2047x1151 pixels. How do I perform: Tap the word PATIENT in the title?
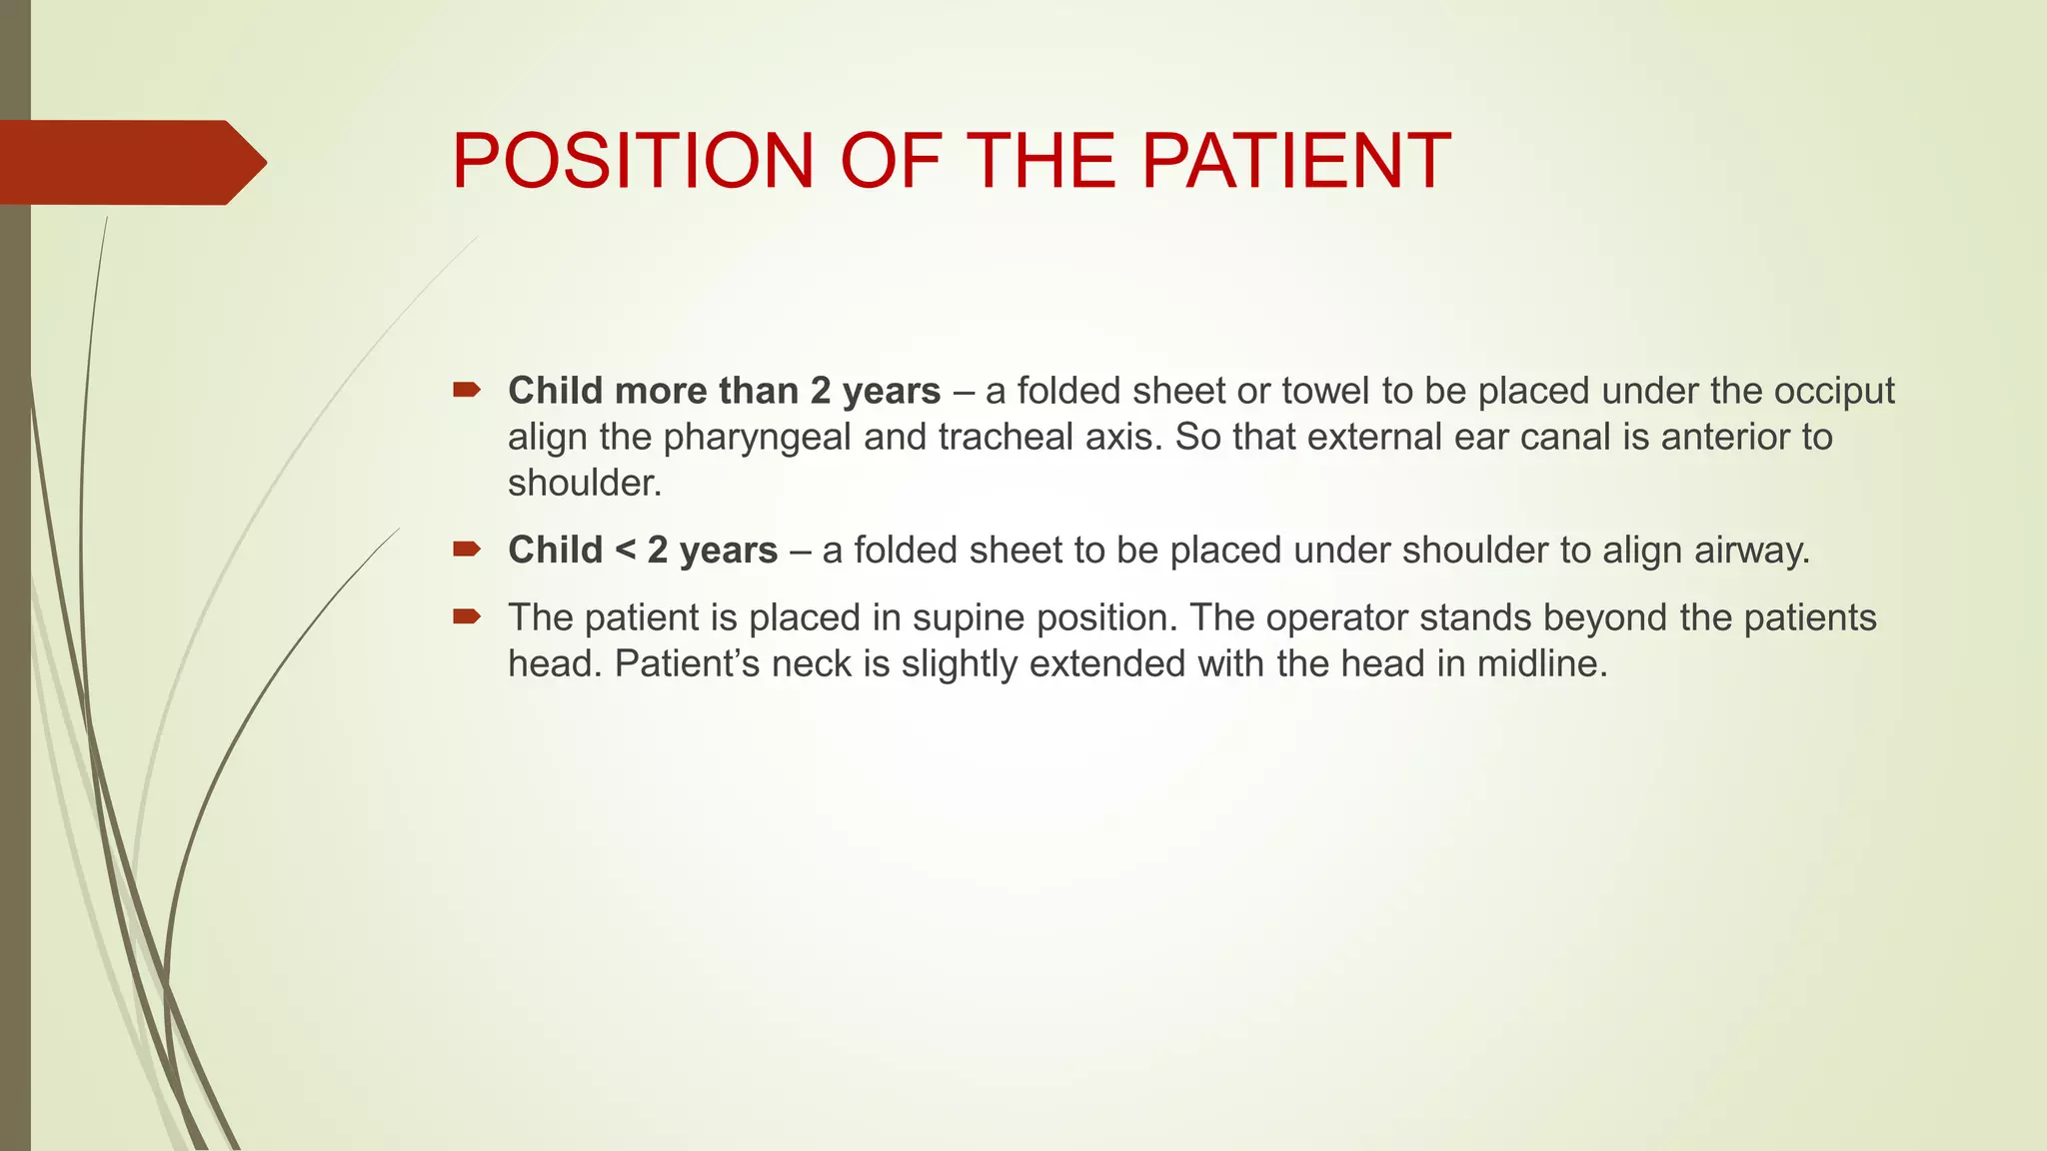[x=1295, y=161]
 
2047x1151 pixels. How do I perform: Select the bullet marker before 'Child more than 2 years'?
[x=466, y=390]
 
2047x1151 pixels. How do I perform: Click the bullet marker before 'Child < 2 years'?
[x=466, y=549]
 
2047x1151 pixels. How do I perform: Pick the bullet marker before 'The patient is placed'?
[x=466, y=616]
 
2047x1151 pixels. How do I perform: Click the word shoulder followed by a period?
[x=584, y=484]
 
